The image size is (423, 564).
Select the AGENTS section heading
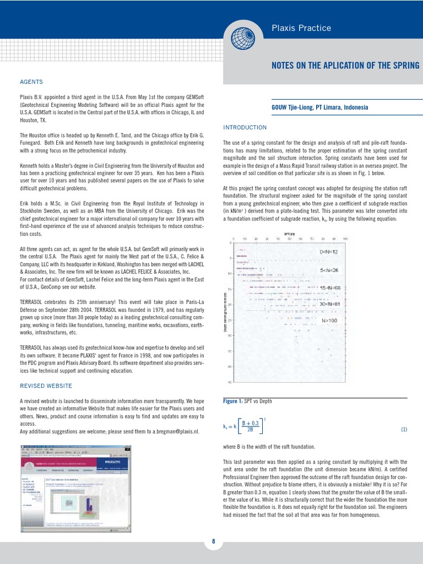coord(31,82)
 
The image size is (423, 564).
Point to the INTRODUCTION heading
coord(245,127)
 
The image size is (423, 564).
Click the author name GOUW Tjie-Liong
coord(297,107)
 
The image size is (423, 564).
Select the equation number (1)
coord(404,430)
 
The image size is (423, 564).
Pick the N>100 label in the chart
coord(329,320)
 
